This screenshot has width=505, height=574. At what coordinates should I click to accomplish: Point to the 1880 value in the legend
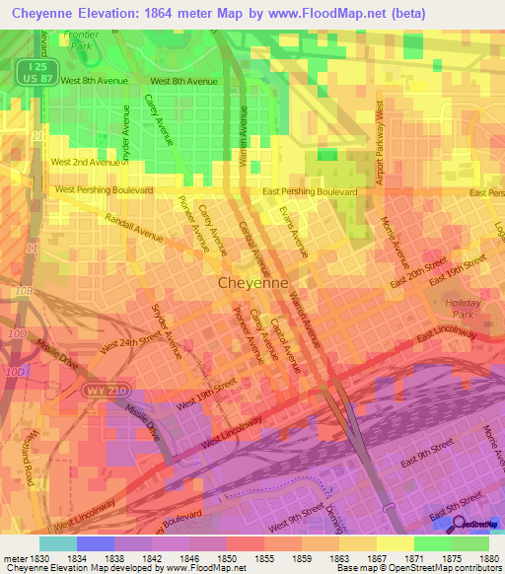(x=489, y=557)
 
